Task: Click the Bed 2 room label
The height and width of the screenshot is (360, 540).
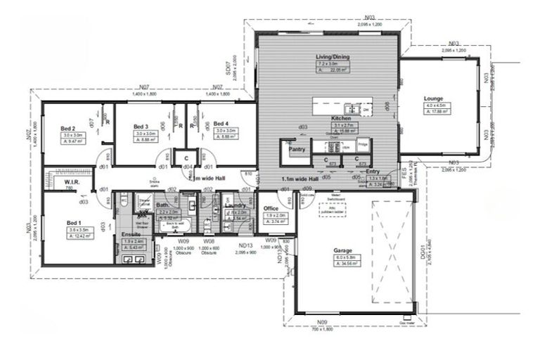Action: (67, 128)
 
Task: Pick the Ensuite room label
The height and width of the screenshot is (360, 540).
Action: (131, 233)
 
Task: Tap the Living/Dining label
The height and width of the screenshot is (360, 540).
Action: (333, 57)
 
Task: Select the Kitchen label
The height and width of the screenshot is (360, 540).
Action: (341, 118)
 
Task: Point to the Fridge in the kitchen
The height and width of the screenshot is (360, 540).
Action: (363, 144)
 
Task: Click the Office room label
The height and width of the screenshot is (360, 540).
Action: (271, 209)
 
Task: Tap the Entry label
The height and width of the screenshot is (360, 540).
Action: (372, 171)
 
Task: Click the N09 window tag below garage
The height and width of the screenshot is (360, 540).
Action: (323, 322)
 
